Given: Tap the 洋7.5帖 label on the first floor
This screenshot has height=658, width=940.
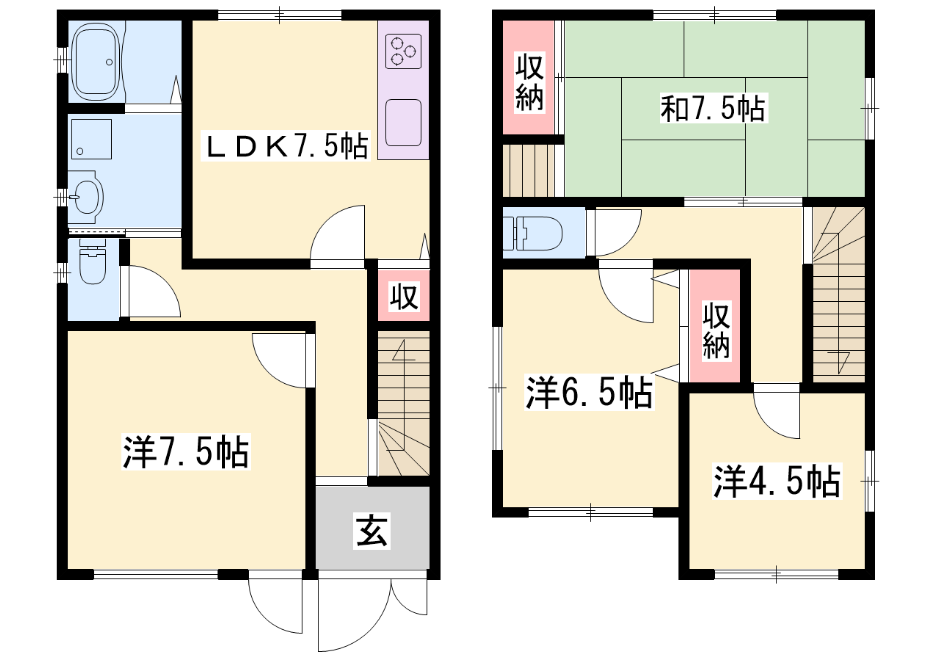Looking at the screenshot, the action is tap(187, 453).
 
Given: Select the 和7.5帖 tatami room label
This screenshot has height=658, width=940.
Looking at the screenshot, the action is tap(712, 109).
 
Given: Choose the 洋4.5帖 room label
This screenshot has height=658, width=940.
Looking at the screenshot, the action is tap(777, 481).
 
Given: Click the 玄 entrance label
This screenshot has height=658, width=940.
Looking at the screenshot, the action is tap(373, 531).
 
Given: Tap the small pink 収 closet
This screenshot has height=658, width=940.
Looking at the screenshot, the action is tap(404, 295).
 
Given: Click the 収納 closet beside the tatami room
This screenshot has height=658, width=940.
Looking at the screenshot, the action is tap(528, 78).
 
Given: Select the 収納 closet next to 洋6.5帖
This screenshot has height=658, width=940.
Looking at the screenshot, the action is tap(715, 326).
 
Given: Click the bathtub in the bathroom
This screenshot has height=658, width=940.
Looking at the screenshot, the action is tap(95, 62).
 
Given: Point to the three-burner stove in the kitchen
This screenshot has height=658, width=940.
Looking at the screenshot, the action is tap(403, 50).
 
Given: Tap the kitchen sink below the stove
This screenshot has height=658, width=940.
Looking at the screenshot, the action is tap(403, 123).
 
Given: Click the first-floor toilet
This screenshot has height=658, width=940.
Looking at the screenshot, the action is tap(93, 263).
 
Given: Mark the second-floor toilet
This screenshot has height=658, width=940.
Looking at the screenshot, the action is tap(533, 232).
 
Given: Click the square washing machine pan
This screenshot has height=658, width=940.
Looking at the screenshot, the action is tap(91, 139).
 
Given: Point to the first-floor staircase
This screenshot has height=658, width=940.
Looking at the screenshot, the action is tap(403, 404).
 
